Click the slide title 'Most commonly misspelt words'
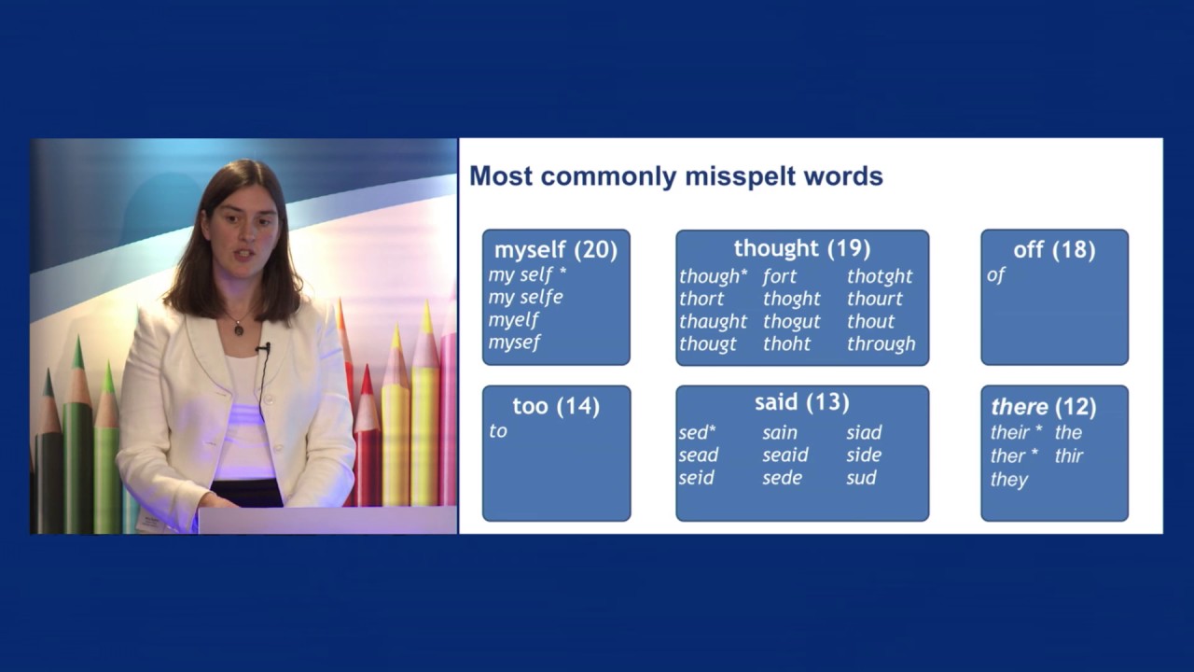[675, 176]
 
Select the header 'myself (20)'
[555, 250]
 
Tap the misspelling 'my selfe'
[525, 298]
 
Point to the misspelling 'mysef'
[514, 343]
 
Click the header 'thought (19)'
[801, 248]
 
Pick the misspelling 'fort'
[779, 276]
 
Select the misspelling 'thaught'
[713, 321]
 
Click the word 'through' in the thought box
[881, 344]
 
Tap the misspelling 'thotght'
[880, 276]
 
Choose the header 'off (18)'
[1054, 250]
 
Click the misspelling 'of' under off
[995, 275]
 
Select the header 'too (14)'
[556, 406]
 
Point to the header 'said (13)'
[801, 402]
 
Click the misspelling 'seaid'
[784, 455]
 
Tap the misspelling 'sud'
[861, 478]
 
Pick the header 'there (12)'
[1043, 407]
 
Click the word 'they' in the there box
[1008, 480]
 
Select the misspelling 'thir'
[1068, 456]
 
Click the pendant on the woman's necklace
[239, 328]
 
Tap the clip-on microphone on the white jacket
[263, 349]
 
